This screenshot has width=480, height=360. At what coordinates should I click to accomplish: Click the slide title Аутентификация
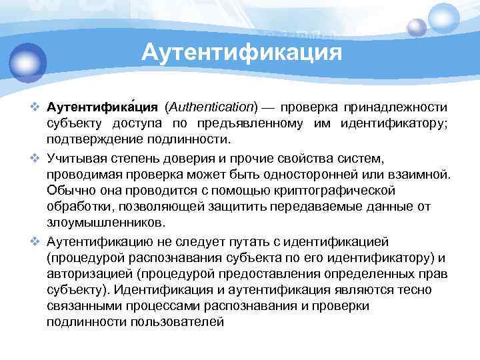tap(241, 52)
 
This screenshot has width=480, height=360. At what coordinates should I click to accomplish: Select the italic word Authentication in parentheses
tap(212, 107)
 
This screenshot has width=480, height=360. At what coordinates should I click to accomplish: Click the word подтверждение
tap(86, 140)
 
